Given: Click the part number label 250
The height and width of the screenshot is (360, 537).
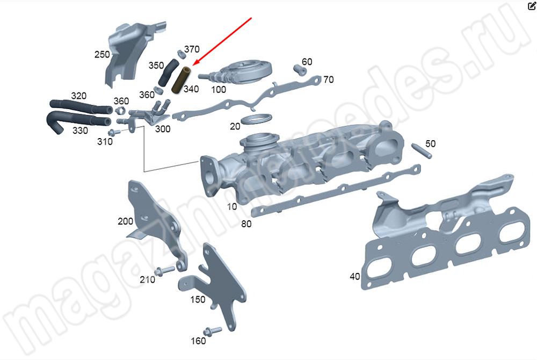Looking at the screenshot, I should coord(102,54).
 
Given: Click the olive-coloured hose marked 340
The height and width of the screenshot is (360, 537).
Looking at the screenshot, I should coord(180,78).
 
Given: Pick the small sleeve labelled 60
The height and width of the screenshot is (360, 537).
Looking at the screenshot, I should coord(299,70).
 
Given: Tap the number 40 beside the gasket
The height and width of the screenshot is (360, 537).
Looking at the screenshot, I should coord(354,277).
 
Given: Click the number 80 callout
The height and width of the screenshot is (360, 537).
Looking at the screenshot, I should coord(246,224).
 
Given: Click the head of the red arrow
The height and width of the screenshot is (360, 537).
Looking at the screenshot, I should coord(194,65).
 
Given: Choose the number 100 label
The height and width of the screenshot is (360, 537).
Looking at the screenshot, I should coord(219,89).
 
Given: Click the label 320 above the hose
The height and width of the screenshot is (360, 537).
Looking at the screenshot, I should coord(78,96).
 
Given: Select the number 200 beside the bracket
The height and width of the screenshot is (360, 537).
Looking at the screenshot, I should coord(125,221).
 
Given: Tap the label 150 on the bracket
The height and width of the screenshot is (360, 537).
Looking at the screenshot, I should coord(198,299).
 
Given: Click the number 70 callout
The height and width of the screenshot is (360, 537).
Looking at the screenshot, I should coord(329,80).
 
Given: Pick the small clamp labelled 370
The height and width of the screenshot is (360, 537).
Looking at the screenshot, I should coord(179,54).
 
